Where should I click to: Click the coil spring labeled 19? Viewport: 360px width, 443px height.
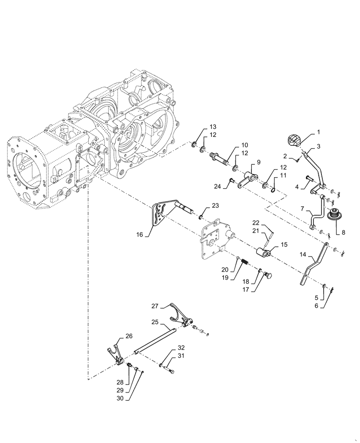(x=243, y=268)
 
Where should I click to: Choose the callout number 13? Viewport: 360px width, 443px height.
(x=213, y=127)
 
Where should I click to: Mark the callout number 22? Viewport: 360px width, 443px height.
(x=256, y=222)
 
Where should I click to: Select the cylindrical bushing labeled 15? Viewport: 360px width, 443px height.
(x=263, y=253)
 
